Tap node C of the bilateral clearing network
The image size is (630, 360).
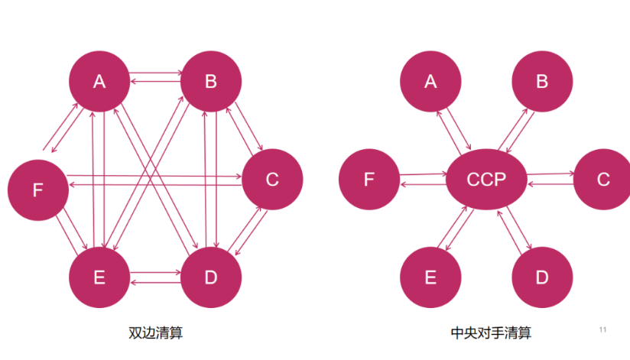coord(272,180)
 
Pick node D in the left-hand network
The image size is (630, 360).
coord(211,277)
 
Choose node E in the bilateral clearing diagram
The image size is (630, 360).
coord(99,277)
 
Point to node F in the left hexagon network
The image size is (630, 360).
coord(38,190)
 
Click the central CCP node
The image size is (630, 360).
coord(486,180)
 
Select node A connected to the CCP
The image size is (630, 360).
coord(430,81)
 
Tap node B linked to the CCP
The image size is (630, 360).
coord(542,81)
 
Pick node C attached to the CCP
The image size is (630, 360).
coord(602,180)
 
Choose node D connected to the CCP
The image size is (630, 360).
coord(542,277)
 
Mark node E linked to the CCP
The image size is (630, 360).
coord(430,277)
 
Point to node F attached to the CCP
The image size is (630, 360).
coord(369,180)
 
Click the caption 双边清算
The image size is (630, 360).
coord(155,333)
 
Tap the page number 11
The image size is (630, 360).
coord(602,329)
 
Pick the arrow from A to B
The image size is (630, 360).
coord(155,74)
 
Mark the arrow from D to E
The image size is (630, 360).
coord(155,283)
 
